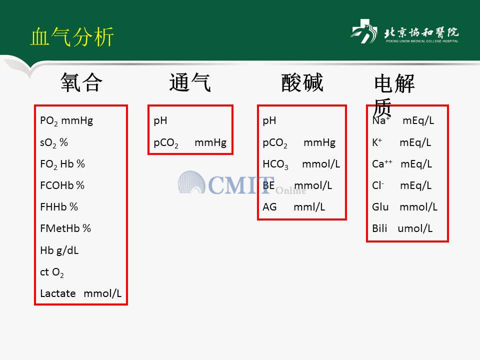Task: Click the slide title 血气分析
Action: point(72,36)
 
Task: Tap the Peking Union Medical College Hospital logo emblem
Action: point(363,31)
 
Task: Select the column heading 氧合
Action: point(81,82)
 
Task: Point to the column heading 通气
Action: point(190,82)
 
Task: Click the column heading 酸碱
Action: point(302,82)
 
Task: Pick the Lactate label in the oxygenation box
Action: point(58,293)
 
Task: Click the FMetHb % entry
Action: point(65,228)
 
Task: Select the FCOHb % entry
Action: point(62,185)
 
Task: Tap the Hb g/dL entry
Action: point(59,250)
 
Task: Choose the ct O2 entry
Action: point(52,272)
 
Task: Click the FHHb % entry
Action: point(59,207)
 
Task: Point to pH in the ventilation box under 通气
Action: point(160,121)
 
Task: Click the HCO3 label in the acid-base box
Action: point(275,164)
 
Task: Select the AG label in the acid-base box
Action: point(269,207)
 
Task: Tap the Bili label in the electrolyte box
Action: point(379,228)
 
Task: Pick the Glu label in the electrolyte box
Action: point(380,207)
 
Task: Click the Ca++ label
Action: point(382,164)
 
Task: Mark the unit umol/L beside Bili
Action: point(415,228)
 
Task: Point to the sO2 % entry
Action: point(54,142)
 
